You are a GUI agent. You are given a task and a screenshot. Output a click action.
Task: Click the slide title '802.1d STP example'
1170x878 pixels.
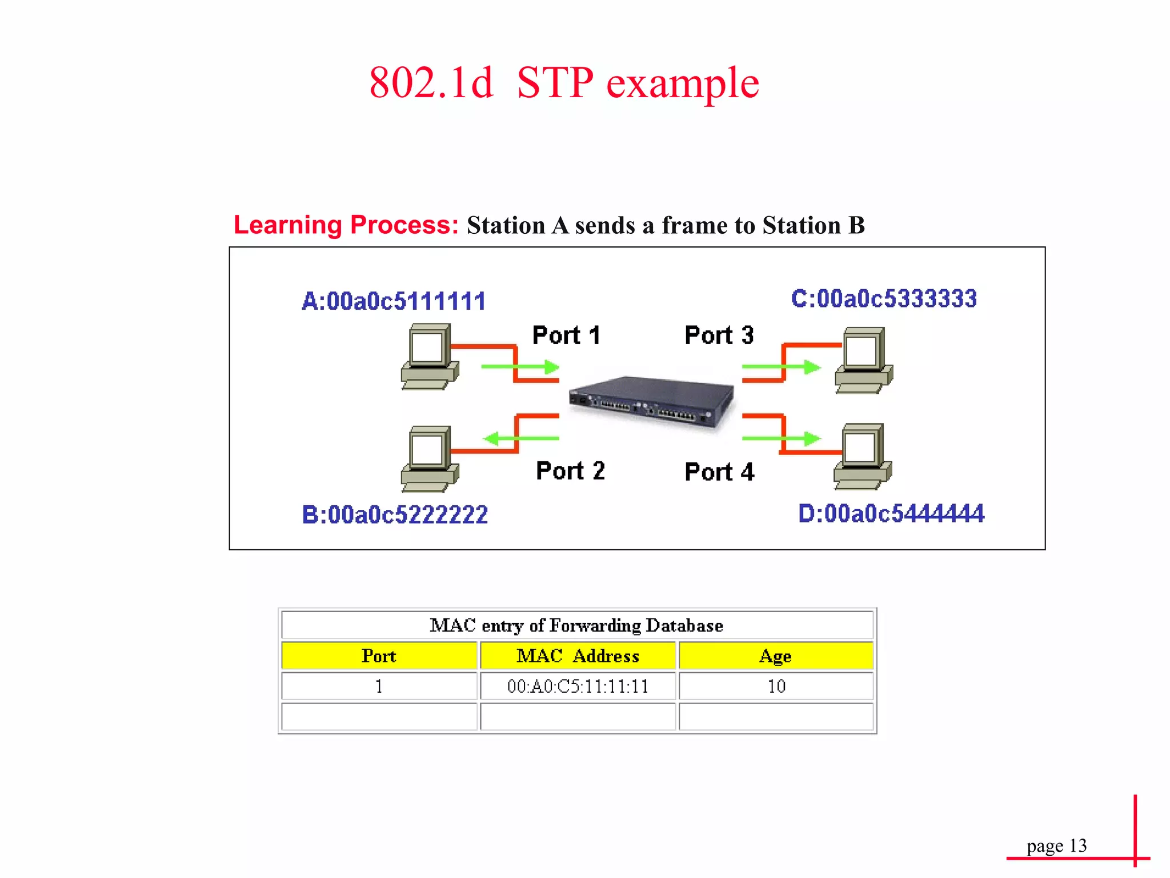click(564, 83)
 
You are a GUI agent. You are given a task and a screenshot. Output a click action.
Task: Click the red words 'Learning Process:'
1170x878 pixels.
click(346, 225)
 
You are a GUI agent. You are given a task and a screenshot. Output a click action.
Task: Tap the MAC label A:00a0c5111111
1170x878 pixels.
click(394, 301)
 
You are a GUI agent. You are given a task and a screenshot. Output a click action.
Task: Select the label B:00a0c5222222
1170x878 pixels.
click(395, 514)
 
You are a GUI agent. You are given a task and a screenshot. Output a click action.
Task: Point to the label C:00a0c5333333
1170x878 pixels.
click(884, 298)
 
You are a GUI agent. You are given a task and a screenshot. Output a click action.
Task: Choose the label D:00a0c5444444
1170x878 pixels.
click(891, 513)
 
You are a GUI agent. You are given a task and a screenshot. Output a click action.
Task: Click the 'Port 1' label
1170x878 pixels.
click(566, 336)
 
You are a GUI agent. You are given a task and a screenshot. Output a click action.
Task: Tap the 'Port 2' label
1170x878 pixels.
click(570, 471)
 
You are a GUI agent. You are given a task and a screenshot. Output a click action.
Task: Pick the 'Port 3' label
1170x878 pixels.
click(719, 336)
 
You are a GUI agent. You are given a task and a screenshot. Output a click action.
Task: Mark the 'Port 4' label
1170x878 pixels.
click(719, 472)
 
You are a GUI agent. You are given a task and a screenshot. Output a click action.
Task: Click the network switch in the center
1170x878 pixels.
click(651, 401)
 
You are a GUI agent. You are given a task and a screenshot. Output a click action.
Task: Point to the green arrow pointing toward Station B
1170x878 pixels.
click(520, 438)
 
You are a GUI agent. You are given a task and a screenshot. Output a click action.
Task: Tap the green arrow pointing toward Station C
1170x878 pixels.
click(782, 367)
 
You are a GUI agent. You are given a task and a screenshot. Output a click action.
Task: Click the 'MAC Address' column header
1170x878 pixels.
click(578, 656)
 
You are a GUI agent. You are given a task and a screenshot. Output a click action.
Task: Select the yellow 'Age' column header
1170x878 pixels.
click(775, 656)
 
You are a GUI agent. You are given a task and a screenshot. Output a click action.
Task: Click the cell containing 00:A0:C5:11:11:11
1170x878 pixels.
click(578, 686)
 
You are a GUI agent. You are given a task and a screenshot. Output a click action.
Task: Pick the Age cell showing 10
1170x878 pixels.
click(776, 686)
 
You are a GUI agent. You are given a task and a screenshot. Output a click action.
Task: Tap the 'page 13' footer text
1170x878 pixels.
click(1056, 845)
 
